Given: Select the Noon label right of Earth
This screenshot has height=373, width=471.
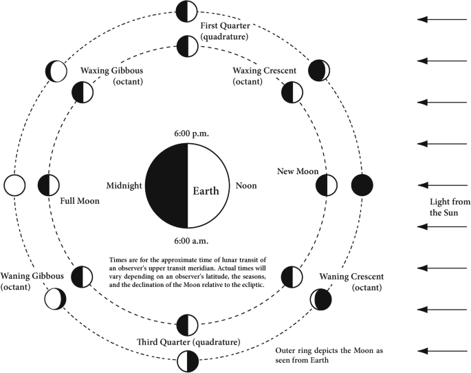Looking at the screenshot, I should click(245, 186).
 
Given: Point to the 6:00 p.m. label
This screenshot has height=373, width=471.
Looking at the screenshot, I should click(186, 132).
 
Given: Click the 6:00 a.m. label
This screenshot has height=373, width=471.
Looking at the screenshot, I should click(186, 241).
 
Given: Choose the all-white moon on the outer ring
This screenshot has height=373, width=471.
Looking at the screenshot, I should click(14, 185).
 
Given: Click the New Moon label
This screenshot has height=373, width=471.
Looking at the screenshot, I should click(296, 170).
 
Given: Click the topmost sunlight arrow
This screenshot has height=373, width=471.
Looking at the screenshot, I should click(443, 20).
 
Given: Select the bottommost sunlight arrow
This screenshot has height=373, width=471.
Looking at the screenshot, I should click(443, 351).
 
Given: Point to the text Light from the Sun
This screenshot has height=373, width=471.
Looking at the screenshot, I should click(448, 206).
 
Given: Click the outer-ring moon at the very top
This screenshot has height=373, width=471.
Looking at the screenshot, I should click(186, 11).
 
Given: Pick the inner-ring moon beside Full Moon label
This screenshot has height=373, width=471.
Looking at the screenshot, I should click(48, 185).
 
